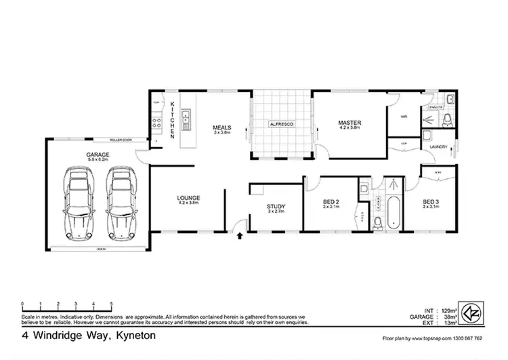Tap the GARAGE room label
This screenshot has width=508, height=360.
[98, 155]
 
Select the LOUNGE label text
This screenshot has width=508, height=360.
[190, 197]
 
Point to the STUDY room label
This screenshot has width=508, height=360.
[276, 207]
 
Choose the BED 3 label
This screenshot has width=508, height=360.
[431, 201]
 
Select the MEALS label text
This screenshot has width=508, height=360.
[222, 127]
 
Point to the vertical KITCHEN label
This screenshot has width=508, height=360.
[173, 116]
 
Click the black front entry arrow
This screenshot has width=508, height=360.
[240, 236]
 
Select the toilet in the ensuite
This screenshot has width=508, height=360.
[446, 121]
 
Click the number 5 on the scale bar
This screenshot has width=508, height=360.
[111, 303]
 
